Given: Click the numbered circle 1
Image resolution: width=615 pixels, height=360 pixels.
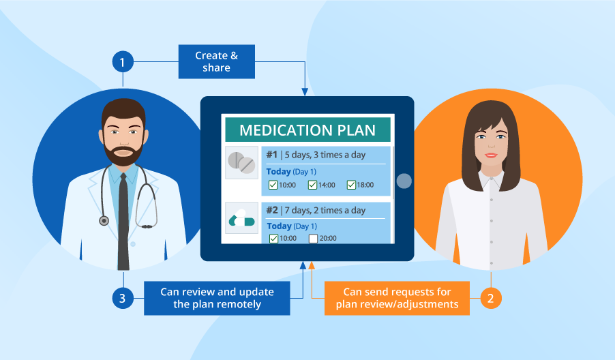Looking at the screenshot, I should pyautogui.click(x=123, y=63).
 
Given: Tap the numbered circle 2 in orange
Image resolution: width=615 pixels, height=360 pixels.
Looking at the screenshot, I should pyautogui.click(x=492, y=298).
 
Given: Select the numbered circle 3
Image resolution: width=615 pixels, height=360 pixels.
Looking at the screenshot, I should pyautogui.click(x=123, y=298).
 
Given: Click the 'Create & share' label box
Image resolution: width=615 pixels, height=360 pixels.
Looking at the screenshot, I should pyautogui.click(x=217, y=62).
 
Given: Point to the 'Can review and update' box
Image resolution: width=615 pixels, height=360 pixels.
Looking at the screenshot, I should pyautogui.click(x=217, y=298).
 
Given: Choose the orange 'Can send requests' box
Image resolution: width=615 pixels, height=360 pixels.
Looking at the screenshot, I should pyautogui.click(x=397, y=298).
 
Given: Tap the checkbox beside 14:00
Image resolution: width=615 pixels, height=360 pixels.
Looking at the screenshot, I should pyautogui.click(x=312, y=185).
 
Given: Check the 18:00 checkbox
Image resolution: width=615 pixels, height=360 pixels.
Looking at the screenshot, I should pyautogui.click(x=351, y=185).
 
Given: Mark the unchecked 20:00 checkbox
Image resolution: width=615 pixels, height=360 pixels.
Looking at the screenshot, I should pyautogui.click(x=313, y=239).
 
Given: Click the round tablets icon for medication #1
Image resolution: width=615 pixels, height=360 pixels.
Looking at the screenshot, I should pyautogui.click(x=241, y=162).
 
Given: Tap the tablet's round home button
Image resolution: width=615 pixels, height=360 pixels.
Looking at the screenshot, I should pyautogui.click(x=404, y=181).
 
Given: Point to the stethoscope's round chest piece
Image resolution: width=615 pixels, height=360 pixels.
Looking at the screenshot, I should pyautogui.click(x=104, y=221).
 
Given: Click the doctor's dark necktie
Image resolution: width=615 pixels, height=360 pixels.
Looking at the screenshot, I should pyautogui.click(x=123, y=218).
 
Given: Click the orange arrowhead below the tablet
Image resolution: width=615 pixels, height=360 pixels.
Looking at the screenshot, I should pyautogui.click(x=312, y=265).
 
